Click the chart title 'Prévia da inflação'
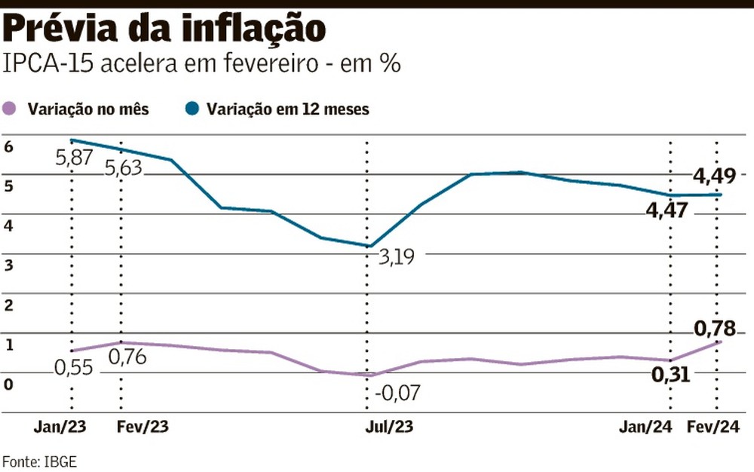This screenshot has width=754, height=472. (x=165, y=29)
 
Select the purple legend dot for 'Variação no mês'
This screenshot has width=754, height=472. (x=11, y=109)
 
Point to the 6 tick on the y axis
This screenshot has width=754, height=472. (x=8, y=147)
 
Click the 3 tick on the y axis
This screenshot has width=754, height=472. (x=8, y=265)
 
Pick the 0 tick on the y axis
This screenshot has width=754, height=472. (x=8, y=384)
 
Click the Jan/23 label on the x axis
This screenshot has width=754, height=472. (x=60, y=427)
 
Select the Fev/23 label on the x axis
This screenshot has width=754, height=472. (x=143, y=427)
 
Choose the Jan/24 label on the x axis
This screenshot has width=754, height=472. (x=645, y=427)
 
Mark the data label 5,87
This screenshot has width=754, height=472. (x=74, y=159)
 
